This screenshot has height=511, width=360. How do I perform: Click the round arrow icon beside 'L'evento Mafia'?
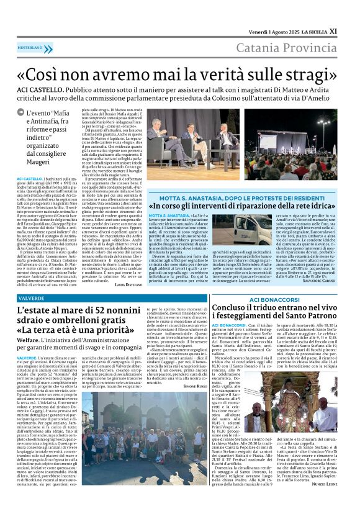coord(20,113)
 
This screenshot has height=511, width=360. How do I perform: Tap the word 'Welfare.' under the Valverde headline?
coord(29,339)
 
